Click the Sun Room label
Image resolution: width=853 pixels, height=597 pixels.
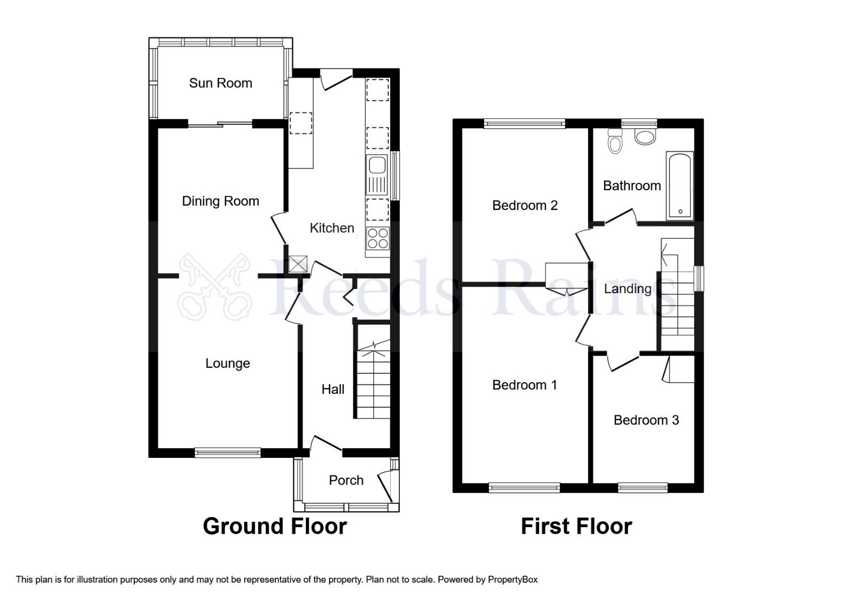[220, 83]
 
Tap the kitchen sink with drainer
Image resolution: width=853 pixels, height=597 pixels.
[377, 175]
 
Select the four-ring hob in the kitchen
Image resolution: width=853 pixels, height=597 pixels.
[377, 238]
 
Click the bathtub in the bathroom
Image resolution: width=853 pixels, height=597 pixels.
[680, 185]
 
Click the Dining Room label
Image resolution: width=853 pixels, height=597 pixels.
[220, 201]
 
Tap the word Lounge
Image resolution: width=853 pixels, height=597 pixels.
[228, 364]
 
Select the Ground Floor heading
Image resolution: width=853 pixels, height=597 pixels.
[275, 526]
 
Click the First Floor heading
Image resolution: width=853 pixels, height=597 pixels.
[576, 526]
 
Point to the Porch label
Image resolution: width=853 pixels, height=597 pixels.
[346, 480]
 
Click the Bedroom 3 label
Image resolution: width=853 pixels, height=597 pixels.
[646, 420]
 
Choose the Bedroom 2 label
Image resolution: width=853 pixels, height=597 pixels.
[525, 205]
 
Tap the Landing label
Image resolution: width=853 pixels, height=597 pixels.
[627, 289]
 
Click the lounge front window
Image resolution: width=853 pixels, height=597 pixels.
[228, 453]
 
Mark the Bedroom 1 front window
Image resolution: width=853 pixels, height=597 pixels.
[524, 487]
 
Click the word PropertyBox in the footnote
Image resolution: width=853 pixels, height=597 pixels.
[513, 579]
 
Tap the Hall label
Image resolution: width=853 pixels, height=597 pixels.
[333, 390]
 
